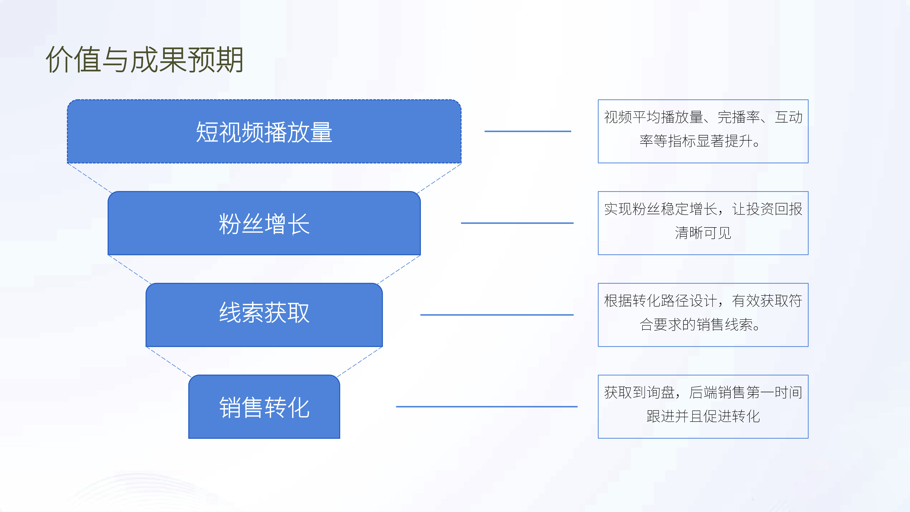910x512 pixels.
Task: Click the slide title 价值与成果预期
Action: click(144, 60)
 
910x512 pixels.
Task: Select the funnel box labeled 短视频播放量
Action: click(264, 132)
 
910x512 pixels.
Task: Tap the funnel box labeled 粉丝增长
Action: click(264, 223)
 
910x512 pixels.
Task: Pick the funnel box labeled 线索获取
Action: click(264, 315)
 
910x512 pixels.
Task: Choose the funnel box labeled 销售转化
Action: click(264, 407)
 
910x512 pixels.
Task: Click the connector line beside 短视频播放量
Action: click(528, 132)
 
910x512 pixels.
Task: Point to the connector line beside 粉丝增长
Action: click(517, 223)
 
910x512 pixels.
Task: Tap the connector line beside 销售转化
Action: click(487, 407)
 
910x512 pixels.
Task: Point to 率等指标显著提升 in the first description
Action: click(696, 141)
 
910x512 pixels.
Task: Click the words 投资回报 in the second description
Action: click(774, 209)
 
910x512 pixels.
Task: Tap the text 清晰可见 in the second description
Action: click(703, 233)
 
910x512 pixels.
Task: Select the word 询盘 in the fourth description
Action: click(661, 393)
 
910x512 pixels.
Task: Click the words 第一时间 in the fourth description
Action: click(774, 393)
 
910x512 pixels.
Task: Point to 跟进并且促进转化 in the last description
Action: click(703, 416)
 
